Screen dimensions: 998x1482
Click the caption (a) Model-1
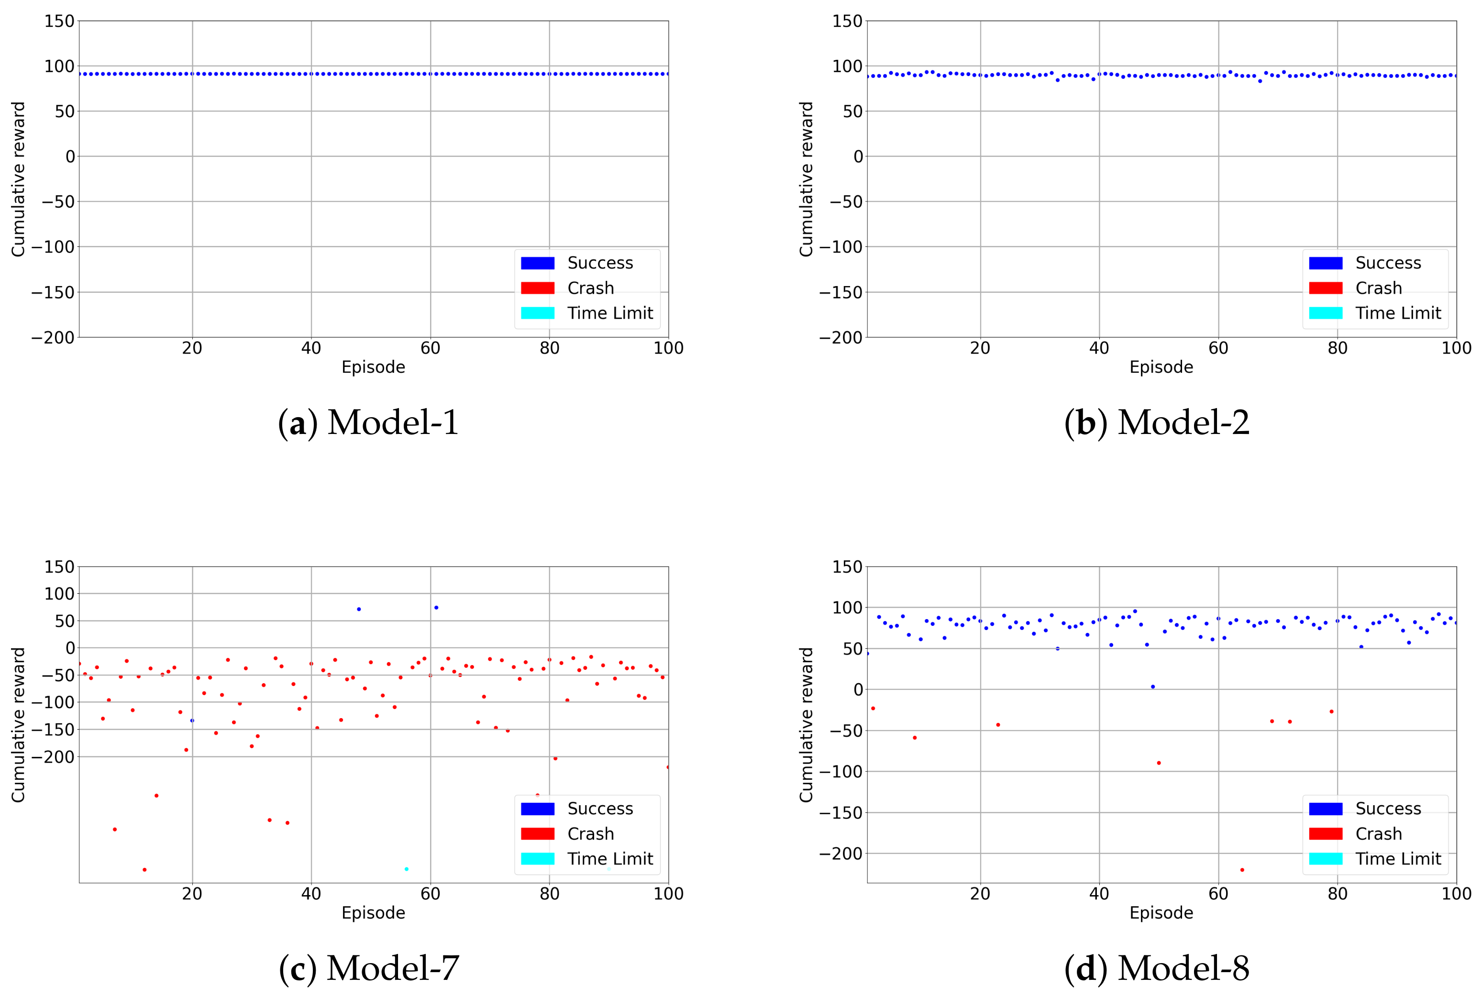(x=368, y=422)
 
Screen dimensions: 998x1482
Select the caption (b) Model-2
(x=1156, y=422)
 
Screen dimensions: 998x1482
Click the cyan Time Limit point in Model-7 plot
(x=406, y=869)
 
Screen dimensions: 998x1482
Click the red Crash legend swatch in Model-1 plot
(x=537, y=288)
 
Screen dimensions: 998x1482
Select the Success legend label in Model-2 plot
(x=1387, y=263)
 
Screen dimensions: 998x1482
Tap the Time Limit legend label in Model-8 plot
(x=1397, y=859)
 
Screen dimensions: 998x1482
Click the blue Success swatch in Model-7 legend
(x=537, y=809)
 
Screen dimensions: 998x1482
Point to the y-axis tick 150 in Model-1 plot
(x=59, y=21)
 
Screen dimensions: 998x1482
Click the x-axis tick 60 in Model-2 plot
(x=1218, y=348)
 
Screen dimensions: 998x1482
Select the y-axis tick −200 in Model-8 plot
(x=840, y=854)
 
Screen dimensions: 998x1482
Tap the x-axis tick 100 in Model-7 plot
(x=668, y=894)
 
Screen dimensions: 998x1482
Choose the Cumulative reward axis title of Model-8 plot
(x=806, y=724)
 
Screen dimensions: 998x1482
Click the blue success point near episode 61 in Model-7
(x=436, y=607)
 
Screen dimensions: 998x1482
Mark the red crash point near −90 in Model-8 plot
(x=1158, y=763)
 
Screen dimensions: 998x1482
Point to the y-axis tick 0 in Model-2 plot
(x=858, y=156)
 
